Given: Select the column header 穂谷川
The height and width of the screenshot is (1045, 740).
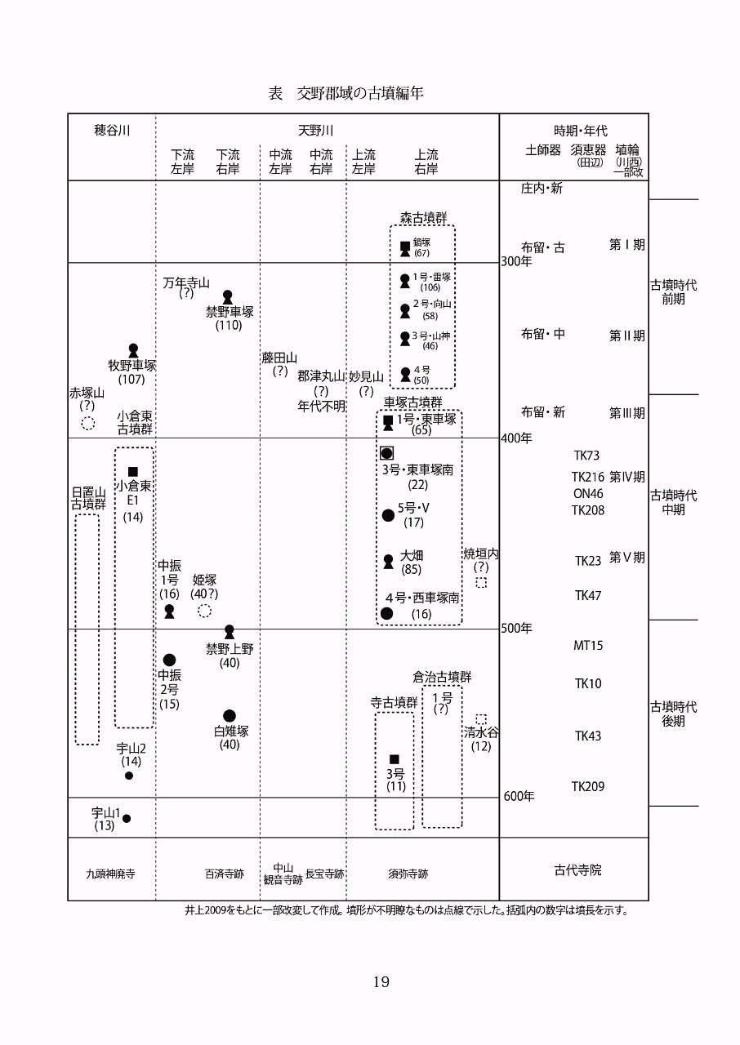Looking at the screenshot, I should pyautogui.click(x=111, y=131).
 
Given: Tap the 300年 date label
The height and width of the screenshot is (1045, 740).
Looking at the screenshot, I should pyautogui.click(x=516, y=261).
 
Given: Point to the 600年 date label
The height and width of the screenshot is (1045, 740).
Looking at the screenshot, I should pyautogui.click(x=519, y=796).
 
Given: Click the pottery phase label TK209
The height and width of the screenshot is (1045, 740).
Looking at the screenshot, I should pyautogui.click(x=588, y=787).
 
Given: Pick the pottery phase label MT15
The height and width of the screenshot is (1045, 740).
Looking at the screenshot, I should pyautogui.click(x=588, y=646).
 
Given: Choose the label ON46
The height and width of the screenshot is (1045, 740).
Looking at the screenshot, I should pyautogui.click(x=588, y=493).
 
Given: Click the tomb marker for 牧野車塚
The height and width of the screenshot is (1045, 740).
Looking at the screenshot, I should pyautogui.click(x=133, y=350).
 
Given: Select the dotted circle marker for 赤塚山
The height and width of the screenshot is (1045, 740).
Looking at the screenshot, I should pyautogui.click(x=88, y=423).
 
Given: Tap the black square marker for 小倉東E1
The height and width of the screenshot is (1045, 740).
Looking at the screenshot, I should pyautogui.click(x=133, y=471).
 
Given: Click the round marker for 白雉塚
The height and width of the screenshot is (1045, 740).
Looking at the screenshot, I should pyautogui.click(x=230, y=716).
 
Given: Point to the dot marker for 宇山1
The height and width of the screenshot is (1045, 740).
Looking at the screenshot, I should pyautogui.click(x=127, y=818).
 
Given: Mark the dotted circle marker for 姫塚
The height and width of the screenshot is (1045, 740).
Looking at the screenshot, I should pyautogui.click(x=205, y=611).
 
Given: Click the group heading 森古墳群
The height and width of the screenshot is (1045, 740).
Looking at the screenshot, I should pyautogui.click(x=423, y=218).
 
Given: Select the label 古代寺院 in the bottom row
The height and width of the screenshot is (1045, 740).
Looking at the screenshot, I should pyautogui.click(x=577, y=870).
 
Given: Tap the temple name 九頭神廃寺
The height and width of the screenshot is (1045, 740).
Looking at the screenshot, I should pyautogui.click(x=110, y=874).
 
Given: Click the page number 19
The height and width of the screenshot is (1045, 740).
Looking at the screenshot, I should pyautogui.click(x=381, y=982).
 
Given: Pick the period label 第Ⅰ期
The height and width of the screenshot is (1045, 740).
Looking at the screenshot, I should pyautogui.click(x=626, y=244).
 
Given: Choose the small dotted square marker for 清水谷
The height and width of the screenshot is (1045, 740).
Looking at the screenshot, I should pyautogui.click(x=481, y=719).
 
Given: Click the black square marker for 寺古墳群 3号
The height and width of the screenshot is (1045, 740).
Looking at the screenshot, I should pyautogui.click(x=395, y=759).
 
